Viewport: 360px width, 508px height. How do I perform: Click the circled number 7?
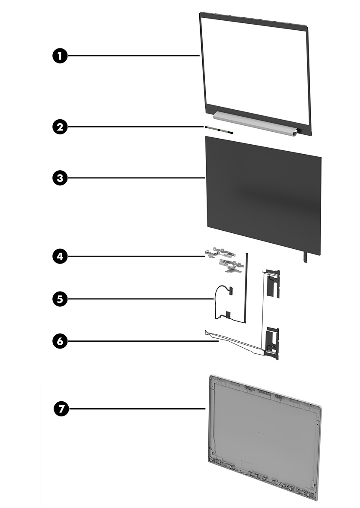pos(62,408)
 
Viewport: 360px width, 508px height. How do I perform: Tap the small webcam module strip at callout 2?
pos(219,130)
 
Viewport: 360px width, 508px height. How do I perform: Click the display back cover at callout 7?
pos(264,436)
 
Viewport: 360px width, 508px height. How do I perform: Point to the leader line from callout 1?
pos(134,55)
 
